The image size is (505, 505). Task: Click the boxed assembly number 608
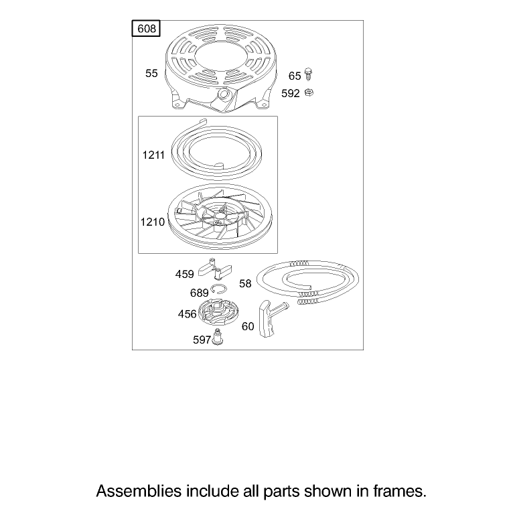click(x=146, y=29)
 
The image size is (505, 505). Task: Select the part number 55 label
click(x=151, y=73)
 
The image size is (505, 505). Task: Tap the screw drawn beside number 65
click(x=308, y=74)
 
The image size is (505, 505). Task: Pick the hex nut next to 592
click(x=309, y=92)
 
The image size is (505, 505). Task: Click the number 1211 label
click(x=153, y=155)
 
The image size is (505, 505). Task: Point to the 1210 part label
click(x=152, y=222)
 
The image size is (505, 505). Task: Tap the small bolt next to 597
click(x=218, y=336)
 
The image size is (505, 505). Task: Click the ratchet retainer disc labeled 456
click(x=218, y=312)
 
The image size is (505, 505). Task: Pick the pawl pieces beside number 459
click(x=215, y=269)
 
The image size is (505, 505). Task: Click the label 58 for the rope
click(x=245, y=283)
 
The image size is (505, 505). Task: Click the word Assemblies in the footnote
click(x=139, y=491)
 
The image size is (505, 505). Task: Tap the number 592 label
click(x=291, y=93)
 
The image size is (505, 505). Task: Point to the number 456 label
click(x=187, y=313)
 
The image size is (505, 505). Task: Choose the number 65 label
click(x=295, y=76)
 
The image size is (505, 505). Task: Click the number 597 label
click(x=202, y=340)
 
